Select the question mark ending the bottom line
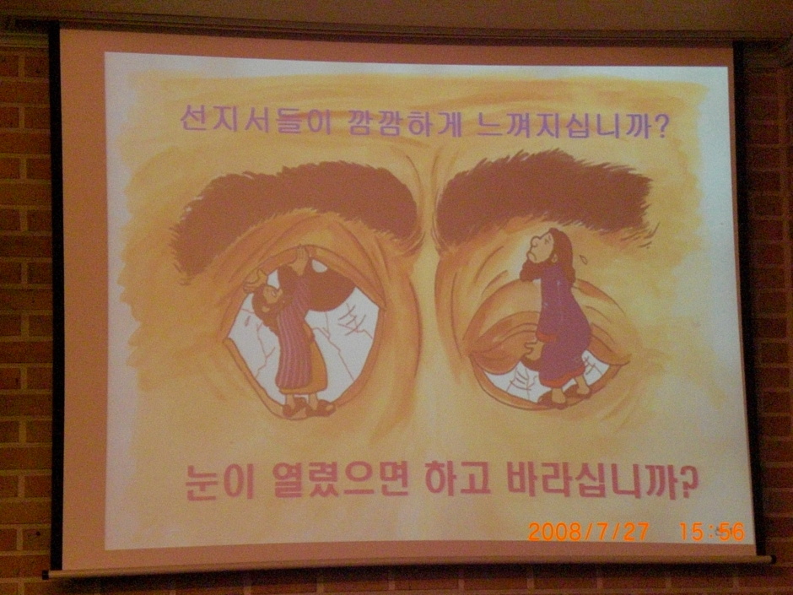click(x=687, y=481)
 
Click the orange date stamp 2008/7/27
click(x=589, y=531)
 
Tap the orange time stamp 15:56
click(x=712, y=531)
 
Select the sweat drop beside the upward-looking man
click(x=585, y=258)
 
